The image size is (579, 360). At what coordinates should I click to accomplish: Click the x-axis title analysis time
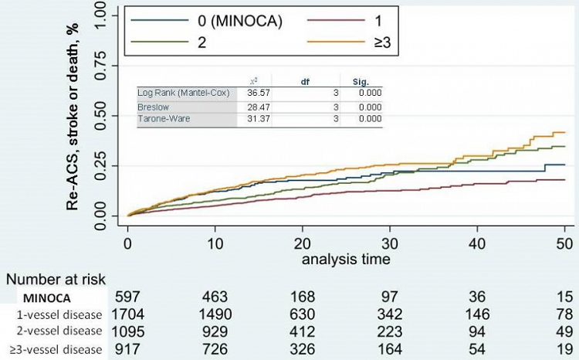tap(347, 260)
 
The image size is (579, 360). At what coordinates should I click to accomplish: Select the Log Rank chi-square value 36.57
tap(262, 92)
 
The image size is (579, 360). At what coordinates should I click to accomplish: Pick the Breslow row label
tap(153, 106)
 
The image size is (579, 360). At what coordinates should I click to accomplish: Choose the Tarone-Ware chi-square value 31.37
tap(262, 118)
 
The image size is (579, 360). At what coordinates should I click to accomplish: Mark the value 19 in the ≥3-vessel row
tap(565, 351)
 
